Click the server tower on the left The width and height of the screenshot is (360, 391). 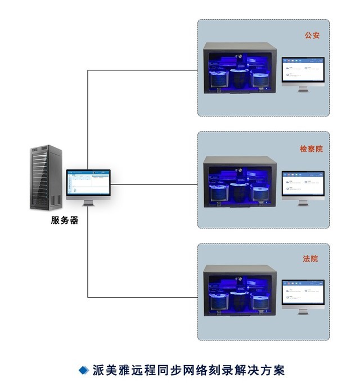pos(46,177)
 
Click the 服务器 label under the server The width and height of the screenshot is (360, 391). pos(65,221)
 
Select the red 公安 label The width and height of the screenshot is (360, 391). pos(312,35)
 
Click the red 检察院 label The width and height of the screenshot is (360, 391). pos(311,149)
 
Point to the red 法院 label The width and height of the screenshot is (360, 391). pos(310,259)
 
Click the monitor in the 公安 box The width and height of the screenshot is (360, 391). pos(303,71)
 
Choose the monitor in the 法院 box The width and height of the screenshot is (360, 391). pos(303,294)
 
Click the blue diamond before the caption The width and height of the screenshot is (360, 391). pos(83,370)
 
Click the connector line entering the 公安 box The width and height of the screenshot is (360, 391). pos(143,70)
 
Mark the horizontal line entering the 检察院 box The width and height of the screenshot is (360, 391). pos(155,184)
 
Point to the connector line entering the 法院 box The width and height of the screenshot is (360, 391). pos(143,297)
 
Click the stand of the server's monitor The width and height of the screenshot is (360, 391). pos(88,202)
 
